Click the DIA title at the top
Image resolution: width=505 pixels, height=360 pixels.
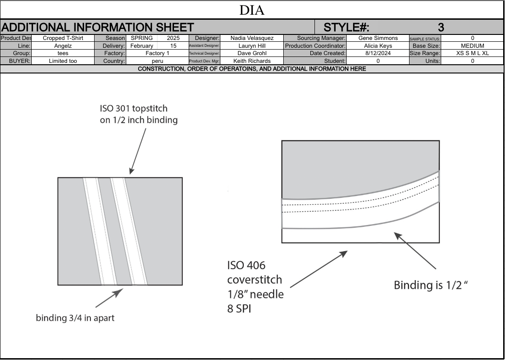252,10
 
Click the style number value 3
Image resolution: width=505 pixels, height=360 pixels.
441,28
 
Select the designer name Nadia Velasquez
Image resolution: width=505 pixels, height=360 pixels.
252,38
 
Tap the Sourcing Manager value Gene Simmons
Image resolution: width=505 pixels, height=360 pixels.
378,38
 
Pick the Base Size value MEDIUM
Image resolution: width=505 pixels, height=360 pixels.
472,46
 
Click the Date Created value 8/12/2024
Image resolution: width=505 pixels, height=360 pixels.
378,53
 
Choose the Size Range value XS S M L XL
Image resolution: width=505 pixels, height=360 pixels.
472,53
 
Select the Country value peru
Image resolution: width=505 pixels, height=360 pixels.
157,61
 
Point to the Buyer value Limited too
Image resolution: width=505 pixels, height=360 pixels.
63,61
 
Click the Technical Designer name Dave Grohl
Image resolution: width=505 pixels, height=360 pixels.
252,53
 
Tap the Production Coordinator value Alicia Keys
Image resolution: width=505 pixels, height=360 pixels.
378,46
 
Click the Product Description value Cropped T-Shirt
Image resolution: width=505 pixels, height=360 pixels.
63,38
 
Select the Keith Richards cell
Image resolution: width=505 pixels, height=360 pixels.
252,61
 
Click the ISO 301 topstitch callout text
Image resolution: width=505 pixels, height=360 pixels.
139,114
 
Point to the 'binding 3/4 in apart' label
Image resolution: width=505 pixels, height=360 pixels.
75,318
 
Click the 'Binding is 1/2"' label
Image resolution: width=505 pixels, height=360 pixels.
431,285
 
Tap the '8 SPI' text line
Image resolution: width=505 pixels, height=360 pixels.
239,309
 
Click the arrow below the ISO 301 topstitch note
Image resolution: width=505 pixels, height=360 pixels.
138,151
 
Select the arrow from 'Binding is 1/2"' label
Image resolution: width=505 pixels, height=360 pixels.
415,250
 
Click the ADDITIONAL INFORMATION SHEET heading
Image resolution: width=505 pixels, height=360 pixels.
97,28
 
